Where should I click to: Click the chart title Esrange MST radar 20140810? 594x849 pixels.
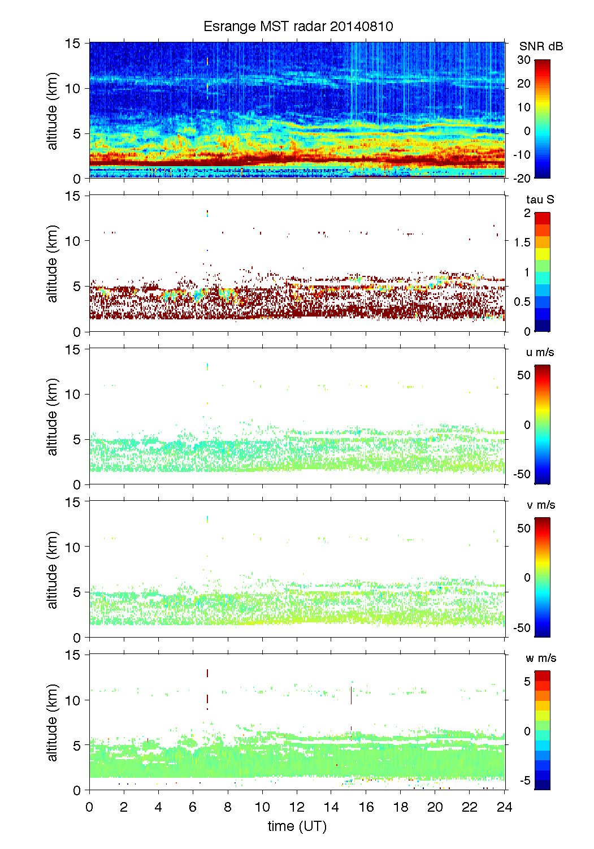[x=298, y=27]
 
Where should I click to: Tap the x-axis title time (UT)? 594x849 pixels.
[x=297, y=826]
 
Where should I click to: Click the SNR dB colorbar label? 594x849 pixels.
[x=541, y=46]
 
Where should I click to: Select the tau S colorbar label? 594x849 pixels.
[x=540, y=200]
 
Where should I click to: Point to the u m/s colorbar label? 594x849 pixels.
[x=540, y=352]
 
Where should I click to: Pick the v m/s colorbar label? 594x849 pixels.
[x=540, y=505]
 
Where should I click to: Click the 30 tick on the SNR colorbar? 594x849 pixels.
[x=524, y=60]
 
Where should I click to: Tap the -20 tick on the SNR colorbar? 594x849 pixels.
[x=522, y=178]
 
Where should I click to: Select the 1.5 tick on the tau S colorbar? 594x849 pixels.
[x=522, y=242]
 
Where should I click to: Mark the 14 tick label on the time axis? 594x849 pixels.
[x=331, y=807]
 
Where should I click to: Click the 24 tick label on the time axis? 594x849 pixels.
[x=504, y=807]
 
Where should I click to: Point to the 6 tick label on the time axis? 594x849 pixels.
[x=193, y=807]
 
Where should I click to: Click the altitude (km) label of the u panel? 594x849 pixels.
[x=53, y=417]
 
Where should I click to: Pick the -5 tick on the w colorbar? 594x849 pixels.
[x=524, y=781]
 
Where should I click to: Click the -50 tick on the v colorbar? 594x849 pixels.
[x=522, y=627]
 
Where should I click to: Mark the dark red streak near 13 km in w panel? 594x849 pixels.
[x=207, y=673]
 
